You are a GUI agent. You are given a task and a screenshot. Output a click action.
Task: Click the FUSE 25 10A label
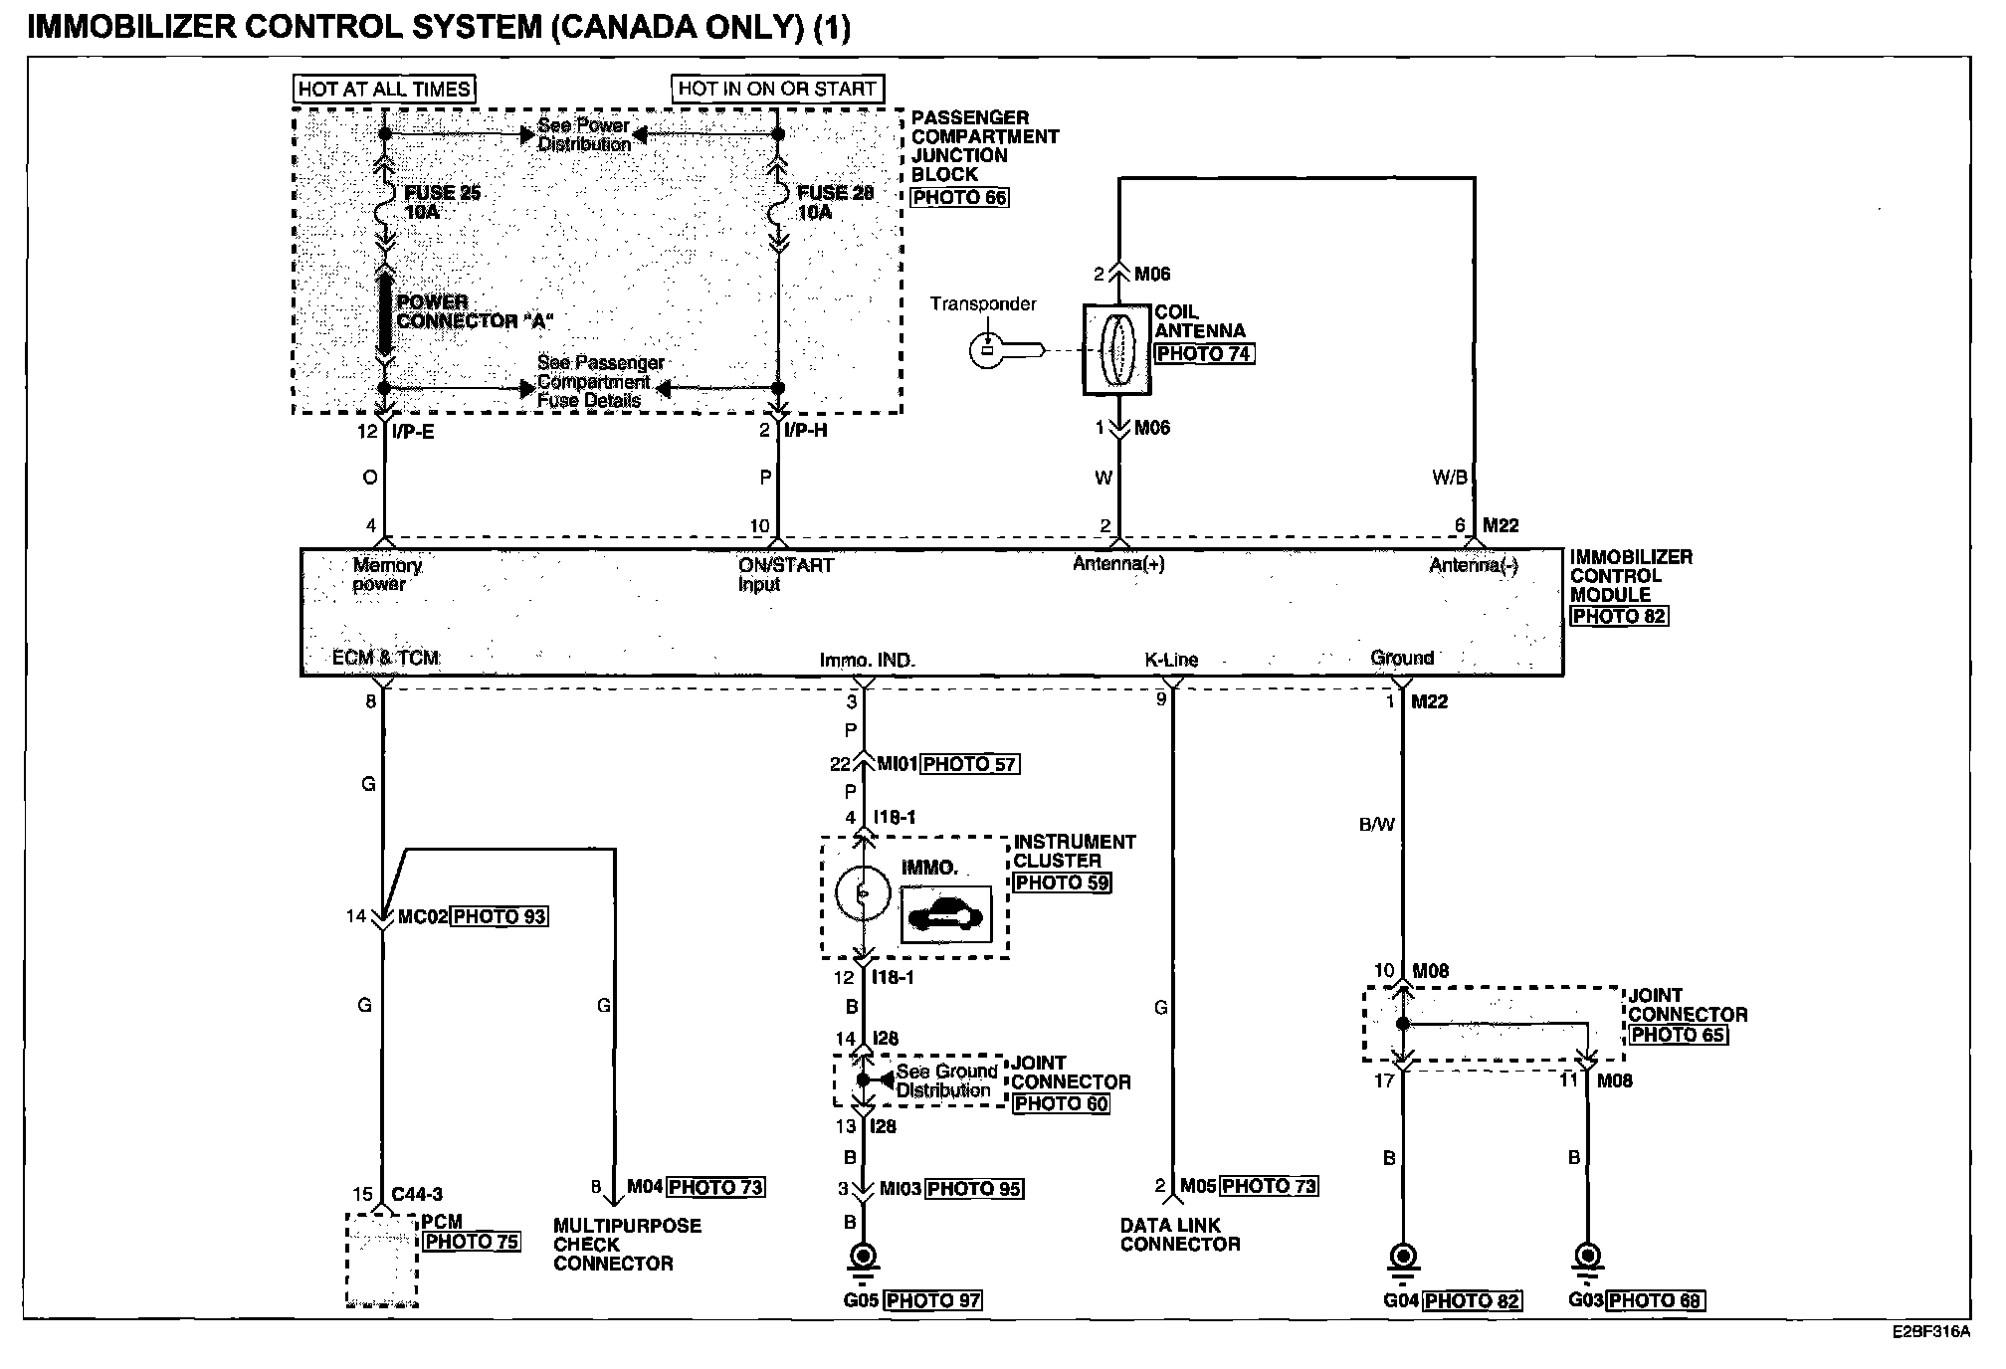tap(441, 202)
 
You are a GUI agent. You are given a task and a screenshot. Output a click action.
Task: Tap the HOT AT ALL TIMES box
tap(384, 89)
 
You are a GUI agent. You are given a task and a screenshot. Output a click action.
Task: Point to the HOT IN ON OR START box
tap(777, 89)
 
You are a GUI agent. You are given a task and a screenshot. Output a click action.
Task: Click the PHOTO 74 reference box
tap(1203, 353)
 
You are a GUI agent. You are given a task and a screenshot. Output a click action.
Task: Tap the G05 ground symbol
tap(863, 1259)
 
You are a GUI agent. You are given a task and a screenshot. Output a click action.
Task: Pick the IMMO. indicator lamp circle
tap(862, 893)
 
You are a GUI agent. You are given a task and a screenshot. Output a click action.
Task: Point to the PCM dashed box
tap(382, 1259)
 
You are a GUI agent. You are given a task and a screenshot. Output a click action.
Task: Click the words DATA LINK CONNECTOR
tap(1180, 1235)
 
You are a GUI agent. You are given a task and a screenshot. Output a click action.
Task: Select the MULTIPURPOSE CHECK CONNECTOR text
tap(627, 1245)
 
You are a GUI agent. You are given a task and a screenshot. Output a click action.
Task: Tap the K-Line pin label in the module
tap(1171, 660)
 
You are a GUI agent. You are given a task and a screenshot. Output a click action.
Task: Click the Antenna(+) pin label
tap(1118, 564)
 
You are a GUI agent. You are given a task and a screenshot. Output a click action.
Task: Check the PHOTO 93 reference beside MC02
tap(500, 916)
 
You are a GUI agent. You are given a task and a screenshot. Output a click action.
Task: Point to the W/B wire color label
tap(1449, 479)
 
